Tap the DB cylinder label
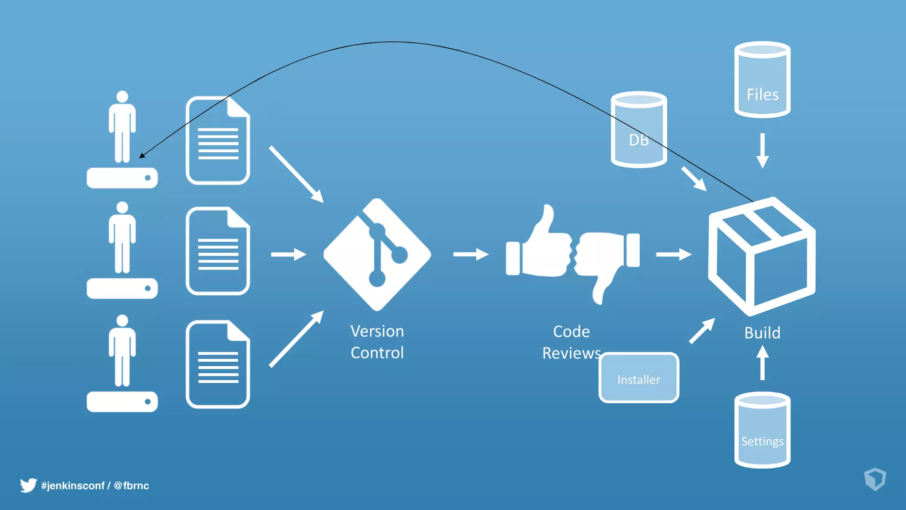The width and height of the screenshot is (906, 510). [638, 140]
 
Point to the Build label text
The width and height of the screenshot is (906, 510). [762, 333]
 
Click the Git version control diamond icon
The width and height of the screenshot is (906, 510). [377, 255]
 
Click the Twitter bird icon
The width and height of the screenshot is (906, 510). [28, 485]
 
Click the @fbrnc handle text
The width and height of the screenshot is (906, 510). [131, 486]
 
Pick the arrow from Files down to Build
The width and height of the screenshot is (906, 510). [762, 151]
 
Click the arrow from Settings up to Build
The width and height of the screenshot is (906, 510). [762, 363]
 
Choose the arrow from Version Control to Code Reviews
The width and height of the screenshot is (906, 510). [470, 255]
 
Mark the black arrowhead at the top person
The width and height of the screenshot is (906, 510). [142, 155]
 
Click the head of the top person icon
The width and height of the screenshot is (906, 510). [122, 97]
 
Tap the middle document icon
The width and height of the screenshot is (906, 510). [218, 251]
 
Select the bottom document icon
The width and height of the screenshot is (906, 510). [218, 364]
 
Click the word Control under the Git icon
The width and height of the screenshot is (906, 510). [377, 353]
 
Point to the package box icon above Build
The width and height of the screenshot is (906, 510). [762, 257]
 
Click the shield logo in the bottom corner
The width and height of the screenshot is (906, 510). [875, 479]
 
